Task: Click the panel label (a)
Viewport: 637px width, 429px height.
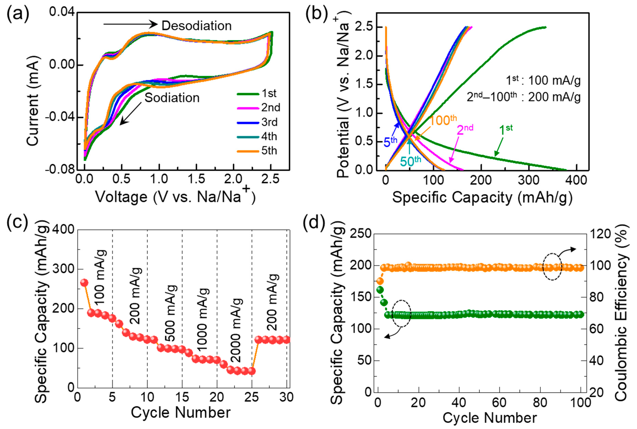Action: [x=18, y=14]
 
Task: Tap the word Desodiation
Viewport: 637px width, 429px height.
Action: [x=196, y=26]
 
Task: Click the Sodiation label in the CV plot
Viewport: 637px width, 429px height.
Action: [x=172, y=98]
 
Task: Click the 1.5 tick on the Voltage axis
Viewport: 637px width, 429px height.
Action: [x=196, y=179]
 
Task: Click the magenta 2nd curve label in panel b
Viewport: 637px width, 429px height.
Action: [x=465, y=130]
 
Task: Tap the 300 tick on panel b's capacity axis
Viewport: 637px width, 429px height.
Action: [x=528, y=180]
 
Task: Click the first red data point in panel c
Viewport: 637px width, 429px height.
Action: [x=84, y=282]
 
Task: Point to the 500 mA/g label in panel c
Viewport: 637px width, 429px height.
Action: [x=171, y=313]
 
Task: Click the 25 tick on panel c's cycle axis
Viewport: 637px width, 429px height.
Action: [x=251, y=397]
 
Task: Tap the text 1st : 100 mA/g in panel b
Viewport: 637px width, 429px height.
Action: [x=543, y=80]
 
